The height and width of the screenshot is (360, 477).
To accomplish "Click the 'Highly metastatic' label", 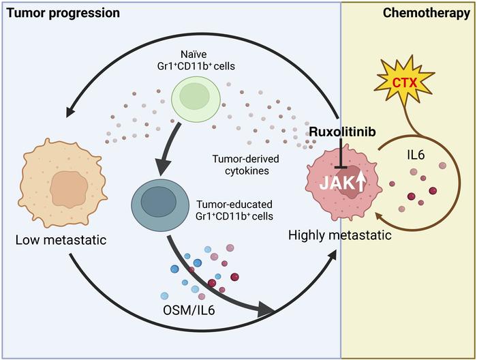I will tap(339, 236).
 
